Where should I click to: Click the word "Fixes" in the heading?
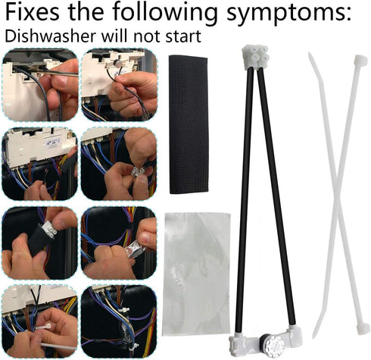(32, 12)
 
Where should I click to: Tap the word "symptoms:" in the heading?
(288, 14)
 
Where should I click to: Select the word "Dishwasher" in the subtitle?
(51, 36)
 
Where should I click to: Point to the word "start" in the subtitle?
(183, 37)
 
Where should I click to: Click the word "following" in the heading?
(164, 14)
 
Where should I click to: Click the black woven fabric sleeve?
(189, 125)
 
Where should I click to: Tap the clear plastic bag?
(196, 275)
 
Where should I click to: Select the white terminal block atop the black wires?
(255, 56)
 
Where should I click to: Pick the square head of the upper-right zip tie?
(360, 61)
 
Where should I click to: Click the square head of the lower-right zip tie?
(361, 330)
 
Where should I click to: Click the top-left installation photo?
(40, 85)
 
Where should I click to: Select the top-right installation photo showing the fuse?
(120, 85)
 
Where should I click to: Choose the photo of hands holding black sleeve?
(40, 243)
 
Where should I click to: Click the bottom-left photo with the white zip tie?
(40, 321)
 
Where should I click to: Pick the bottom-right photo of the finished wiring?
(119, 321)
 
